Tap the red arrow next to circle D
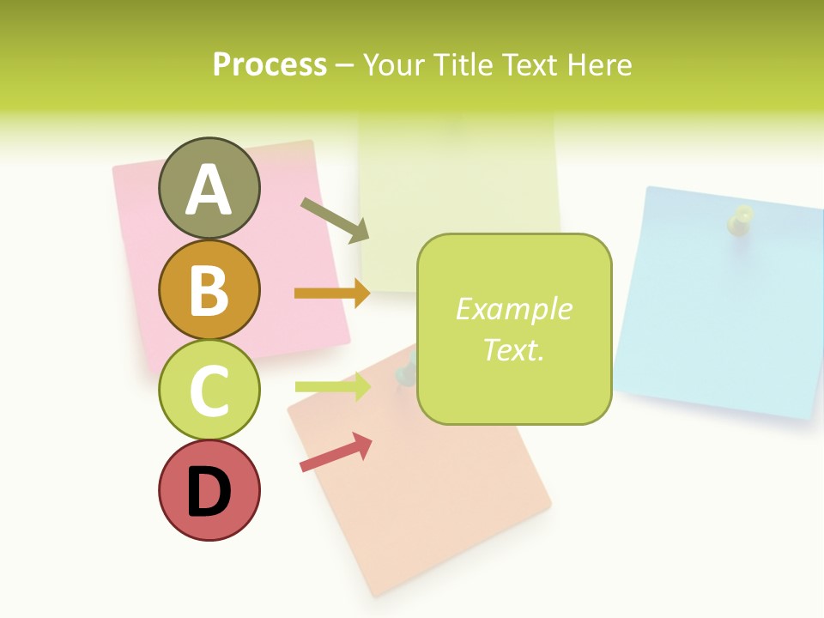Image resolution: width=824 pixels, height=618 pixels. click(x=336, y=452)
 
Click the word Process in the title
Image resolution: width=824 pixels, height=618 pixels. click(x=270, y=64)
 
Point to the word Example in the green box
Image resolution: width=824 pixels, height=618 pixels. click(x=513, y=309)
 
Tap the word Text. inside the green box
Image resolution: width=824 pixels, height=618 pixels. click(x=513, y=349)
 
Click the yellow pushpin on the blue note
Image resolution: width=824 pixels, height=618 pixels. click(x=739, y=220)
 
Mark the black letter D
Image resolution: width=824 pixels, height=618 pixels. click(x=209, y=494)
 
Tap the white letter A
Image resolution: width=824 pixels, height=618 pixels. click(x=209, y=190)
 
